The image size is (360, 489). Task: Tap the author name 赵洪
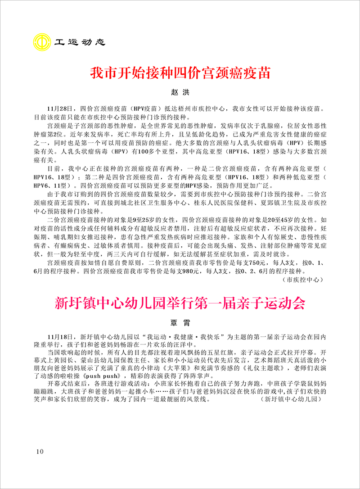coord(180,93)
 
